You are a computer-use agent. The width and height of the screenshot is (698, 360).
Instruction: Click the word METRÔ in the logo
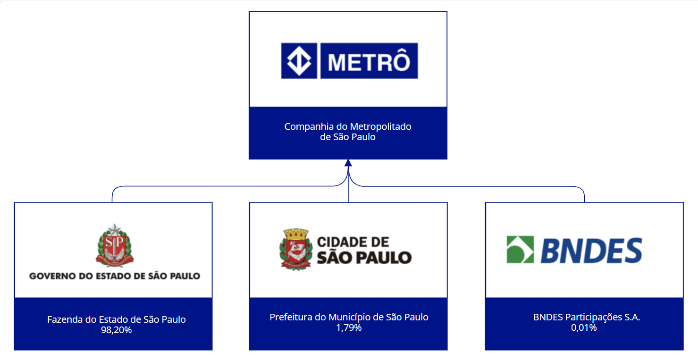click(x=369, y=61)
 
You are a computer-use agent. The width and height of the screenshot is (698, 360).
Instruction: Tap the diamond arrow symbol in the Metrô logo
click(x=299, y=61)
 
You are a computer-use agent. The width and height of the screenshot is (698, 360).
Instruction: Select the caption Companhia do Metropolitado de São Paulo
click(x=348, y=132)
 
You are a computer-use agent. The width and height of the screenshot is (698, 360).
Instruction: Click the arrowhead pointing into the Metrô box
click(x=348, y=163)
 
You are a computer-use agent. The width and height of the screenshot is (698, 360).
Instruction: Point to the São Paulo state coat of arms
click(x=115, y=245)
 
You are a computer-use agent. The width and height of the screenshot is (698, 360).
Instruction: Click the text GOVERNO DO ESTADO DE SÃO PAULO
click(x=115, y=276)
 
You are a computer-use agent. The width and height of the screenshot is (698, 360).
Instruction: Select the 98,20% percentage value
click(x=116, y=330)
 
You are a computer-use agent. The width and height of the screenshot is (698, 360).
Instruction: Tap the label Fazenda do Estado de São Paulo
click(x=116, y=319)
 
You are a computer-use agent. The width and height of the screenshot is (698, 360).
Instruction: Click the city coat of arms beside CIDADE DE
click(x=295, y=249)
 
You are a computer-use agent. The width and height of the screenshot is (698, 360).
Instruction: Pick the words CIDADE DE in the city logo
click(x=353, y=243)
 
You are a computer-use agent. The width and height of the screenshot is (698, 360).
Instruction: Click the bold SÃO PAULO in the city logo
click(x=364, y=257)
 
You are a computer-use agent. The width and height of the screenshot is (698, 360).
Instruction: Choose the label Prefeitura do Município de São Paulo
click(x=349, y=317)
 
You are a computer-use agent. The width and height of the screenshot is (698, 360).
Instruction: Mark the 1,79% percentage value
click(x=349, y=327)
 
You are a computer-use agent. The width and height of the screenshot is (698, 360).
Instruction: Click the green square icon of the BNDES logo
click(x=520, y=250)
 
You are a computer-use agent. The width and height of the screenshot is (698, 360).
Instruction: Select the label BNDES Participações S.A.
click(x=587, y=317)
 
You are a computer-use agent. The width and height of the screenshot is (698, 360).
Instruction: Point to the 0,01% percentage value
click(x=584, y=327)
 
